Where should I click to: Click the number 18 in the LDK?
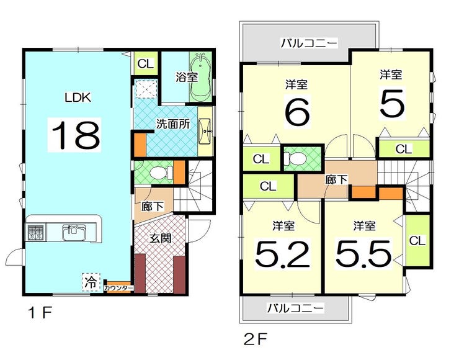click(76, 135)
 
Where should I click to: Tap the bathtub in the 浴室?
click(201, 77)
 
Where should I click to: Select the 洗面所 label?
click(173, 124)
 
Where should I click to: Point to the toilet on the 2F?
click(295, 158)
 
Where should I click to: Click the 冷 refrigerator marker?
click(91, 282)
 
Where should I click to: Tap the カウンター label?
click(118, 288)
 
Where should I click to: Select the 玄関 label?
click(160, 238)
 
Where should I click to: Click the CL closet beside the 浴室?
click(146, 63)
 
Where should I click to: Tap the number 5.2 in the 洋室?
click(282, 254)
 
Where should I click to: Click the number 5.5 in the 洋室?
click(363, 253)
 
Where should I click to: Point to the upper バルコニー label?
click(309, 43)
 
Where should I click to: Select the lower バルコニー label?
click(296, 308)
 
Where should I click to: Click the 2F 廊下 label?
click(336, 179)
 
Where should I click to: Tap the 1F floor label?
click(40, 313)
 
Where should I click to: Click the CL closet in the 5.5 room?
click(417, 240)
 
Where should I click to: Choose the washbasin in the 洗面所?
click(205, 132)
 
